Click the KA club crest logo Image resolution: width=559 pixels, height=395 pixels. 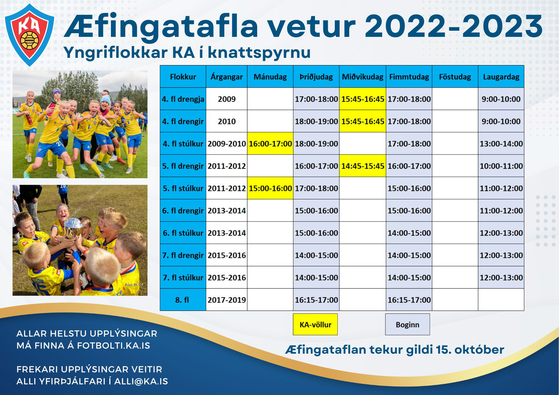coord(30,35)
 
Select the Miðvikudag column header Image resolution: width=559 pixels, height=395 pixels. coord(363,77)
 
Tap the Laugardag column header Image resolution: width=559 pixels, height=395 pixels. coord(501,77)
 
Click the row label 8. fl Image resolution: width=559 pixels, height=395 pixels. coord(183,300)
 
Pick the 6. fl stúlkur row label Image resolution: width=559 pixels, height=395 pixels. coord(183,233)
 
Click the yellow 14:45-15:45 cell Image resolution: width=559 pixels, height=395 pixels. coord(363,166)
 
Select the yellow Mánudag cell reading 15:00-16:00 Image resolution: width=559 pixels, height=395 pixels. coord(270,188)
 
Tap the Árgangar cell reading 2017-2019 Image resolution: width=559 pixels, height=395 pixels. coord(227,300)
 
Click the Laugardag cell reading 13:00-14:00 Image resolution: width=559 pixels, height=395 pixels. coord(501,144)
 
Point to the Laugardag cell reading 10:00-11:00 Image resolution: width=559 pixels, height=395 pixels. coord(501,166)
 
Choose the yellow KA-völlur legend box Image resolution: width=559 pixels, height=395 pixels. coord(315,324)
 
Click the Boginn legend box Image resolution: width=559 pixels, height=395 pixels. coord(408,324)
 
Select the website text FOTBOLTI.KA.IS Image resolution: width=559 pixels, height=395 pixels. coord(113,346)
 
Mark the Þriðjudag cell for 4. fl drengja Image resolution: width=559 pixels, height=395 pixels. coord(316,99)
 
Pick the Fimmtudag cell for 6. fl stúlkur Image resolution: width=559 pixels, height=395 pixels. coord(409,233)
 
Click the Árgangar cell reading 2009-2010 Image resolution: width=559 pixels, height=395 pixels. coord(227,144)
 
